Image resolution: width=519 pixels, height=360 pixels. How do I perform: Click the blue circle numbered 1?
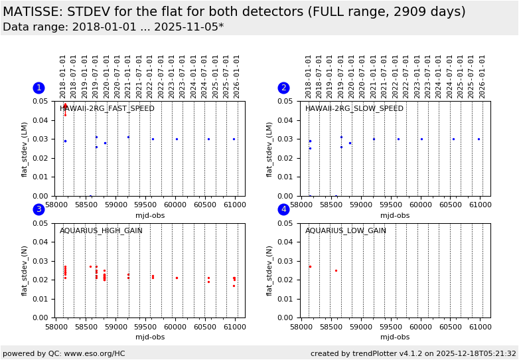coord(38,88)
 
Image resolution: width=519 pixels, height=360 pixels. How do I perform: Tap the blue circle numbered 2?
coord(283,88)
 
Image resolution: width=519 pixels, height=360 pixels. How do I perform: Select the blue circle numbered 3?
coord(38,210)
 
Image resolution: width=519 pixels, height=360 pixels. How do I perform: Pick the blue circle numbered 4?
coord(283,210)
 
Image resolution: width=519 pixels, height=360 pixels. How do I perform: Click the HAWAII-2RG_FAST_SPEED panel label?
coord(107,109)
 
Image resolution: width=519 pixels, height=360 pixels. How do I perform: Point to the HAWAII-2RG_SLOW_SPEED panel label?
coord(354,109)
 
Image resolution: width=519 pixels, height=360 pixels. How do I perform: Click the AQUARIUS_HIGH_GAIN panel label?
coord(101,231)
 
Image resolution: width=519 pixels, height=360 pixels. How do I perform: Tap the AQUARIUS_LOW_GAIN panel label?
coord(345,231)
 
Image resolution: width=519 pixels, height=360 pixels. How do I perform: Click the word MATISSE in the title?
coord(33,12)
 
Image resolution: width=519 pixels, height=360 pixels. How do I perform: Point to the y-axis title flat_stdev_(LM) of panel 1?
coord(25,149)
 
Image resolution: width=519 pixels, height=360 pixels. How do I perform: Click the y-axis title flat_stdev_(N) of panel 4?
coord(270,271)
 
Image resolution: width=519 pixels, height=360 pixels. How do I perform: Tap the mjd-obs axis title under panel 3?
coord(149,337)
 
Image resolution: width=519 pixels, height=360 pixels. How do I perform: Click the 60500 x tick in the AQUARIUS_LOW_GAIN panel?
coord(450,327)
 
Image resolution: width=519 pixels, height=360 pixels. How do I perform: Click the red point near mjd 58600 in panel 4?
coord(336,270)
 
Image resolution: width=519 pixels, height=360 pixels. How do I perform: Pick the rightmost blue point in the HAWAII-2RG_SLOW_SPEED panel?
coord(479,139)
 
